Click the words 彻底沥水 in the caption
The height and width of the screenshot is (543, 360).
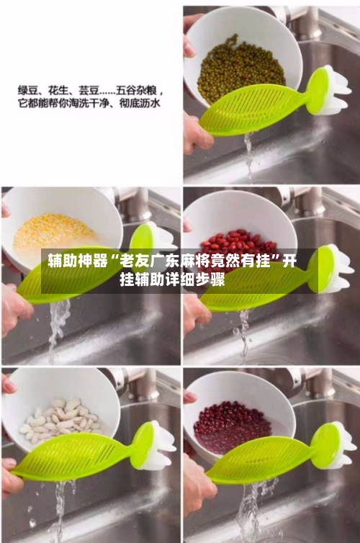point(140,104)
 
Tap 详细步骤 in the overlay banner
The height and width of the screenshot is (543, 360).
point(197,279)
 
